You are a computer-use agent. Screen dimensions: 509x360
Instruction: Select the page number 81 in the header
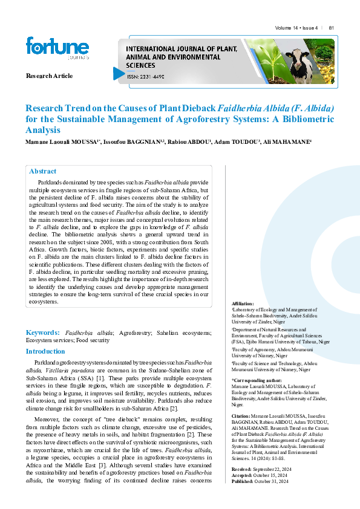(332, 28)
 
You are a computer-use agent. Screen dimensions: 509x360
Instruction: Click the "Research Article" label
(49, 76)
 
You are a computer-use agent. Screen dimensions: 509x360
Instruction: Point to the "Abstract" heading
(42, 171)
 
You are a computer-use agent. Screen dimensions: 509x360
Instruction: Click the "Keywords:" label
(42, 332)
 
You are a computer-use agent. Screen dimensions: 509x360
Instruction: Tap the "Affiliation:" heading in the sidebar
(243, 303)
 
